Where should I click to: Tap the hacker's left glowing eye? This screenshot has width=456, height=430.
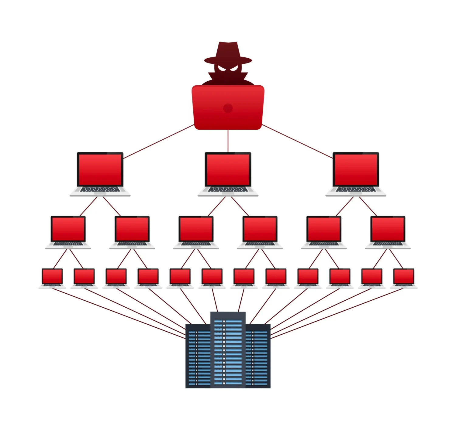coord(222,68)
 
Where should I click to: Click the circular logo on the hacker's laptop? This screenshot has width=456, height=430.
coord(228,108)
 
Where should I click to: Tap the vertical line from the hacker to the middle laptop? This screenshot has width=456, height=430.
coord(228,141)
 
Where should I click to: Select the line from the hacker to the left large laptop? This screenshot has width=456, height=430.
coord(158,142)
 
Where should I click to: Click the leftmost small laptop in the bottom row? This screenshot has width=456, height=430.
coord(52,277)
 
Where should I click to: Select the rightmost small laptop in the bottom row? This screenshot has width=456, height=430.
coord(404,277)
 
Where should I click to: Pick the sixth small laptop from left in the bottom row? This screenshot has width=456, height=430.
coord(212,277)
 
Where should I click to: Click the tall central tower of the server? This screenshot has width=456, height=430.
coord(228,349)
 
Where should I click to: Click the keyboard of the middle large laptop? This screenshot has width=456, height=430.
coord(228,189)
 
